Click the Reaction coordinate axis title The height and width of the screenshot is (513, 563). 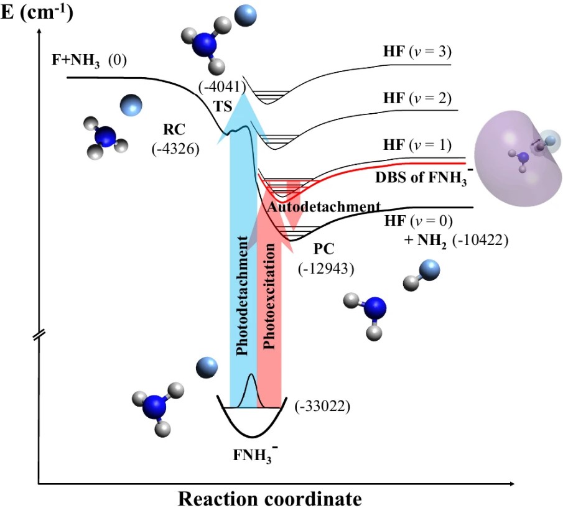(x=269, y=499)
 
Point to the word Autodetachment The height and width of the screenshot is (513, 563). (x=323, y=206)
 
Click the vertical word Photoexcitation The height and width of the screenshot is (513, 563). (x=269, y=298)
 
